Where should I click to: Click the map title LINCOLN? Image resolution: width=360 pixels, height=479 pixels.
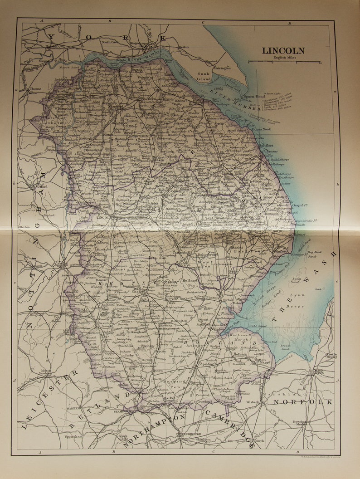click(x=283, y=51)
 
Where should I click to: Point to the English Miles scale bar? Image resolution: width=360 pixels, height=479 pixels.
click(x=284, y=61)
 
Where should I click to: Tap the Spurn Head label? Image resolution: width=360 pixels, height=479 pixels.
click(x=254, y=96)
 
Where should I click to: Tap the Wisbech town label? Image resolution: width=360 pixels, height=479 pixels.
click(x=253, y=402)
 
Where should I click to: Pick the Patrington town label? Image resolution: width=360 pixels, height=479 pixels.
click(x=223, y=68)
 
